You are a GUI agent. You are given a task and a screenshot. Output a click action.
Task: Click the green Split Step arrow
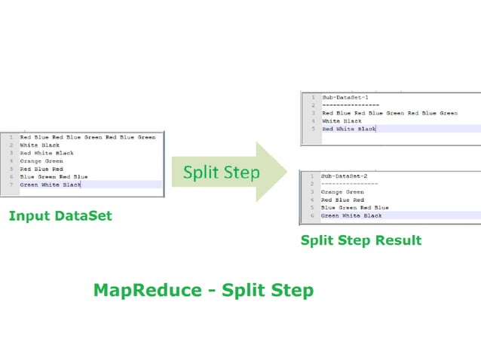point(226,172)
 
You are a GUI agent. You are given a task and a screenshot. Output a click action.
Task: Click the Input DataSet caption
point(60,216)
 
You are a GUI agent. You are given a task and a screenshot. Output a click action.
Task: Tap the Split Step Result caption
point(360,241)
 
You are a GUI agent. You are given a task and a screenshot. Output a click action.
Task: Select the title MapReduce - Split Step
point(203,290)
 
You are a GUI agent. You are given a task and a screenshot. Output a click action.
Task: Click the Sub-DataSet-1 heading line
point(345,97)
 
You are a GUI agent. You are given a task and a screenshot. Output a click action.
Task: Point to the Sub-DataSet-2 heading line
point(345,175)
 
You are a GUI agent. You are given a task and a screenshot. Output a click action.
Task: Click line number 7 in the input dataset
point(11,185)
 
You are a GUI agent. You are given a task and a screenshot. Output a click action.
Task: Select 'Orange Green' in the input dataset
point(41,161)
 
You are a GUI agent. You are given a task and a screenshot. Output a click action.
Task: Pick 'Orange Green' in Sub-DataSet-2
point(343,191)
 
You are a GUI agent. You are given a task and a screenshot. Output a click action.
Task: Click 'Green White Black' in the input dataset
point(51,185)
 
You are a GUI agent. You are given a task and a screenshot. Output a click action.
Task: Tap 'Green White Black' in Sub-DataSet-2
point(351,215)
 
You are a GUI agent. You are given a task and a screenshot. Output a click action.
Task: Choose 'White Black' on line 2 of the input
point(39,145)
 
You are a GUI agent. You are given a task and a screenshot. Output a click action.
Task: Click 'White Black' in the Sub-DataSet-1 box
point(342,121)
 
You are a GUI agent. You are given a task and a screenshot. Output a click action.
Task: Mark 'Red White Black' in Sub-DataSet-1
point(348,129)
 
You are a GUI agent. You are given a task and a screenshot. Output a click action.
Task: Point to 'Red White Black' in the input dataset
point(47,153)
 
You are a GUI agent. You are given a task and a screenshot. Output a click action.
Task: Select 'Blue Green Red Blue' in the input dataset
point(54,177)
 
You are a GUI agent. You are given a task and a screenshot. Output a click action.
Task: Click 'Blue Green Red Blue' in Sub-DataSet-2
point(354,207)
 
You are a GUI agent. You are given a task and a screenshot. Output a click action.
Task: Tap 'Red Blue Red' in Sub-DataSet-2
point(343,200)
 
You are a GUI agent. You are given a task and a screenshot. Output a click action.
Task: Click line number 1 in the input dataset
point(11,138)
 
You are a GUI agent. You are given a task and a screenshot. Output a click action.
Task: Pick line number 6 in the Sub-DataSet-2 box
point(311,215)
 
